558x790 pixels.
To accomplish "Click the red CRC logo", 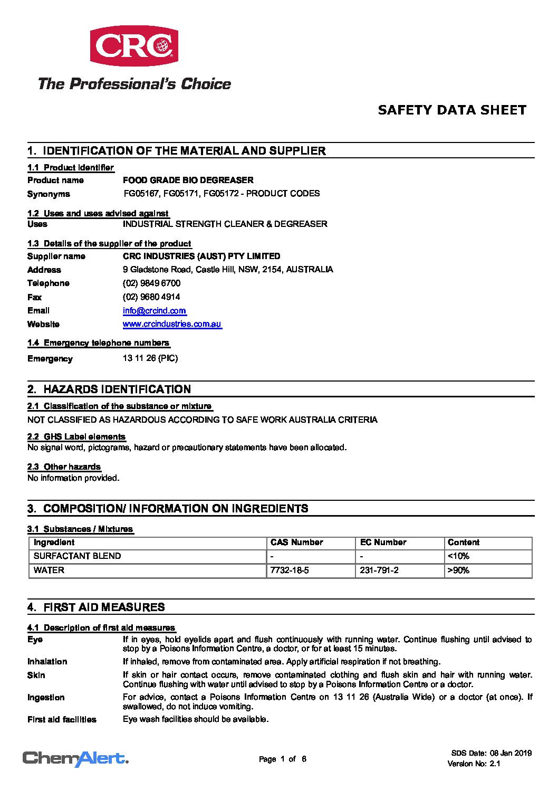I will [x=134, y=46].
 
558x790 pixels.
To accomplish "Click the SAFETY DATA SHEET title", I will [x=452, y=110].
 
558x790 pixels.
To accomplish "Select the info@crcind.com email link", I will [x=155, y=311].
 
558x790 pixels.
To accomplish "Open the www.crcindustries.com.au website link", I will [x=172, y=324].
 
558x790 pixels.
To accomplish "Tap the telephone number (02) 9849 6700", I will [x=151, y=283].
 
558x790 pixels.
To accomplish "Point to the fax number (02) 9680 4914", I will [x=151, y=297].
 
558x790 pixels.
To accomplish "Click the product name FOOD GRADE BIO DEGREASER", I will [x=188, y=180].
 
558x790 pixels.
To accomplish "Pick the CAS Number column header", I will [x=296, y=542].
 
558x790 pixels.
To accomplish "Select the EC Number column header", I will [x=383, y=542].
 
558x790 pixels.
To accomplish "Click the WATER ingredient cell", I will [x=49, y=570].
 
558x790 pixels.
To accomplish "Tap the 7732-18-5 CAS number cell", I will [x=289, y=570].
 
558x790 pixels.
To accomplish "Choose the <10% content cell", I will [x=458, y=556].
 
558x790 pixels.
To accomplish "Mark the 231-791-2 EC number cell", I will [x=379, y=570].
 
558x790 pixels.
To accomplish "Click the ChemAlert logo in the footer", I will [x=75, y=759].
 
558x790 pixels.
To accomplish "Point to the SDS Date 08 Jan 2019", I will [x=491, y=754].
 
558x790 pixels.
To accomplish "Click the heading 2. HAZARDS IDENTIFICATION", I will [x=109, y=389].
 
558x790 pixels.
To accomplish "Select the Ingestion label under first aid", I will [x=46, y=698].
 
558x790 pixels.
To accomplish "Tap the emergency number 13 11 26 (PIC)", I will [x=150, y=358].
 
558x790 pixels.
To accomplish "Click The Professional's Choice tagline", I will [x=134, y=84].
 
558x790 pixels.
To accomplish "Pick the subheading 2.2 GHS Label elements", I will [x=76, y=437].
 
